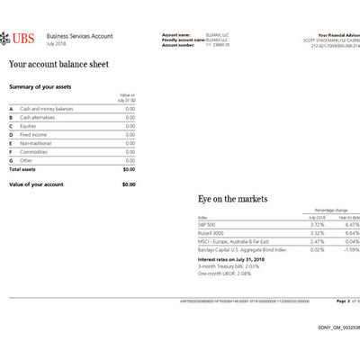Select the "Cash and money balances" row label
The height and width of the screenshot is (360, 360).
[x=46, y=108]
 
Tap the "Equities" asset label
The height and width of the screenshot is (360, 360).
[x=30, y=125]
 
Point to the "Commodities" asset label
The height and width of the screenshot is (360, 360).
[x=35, y=151]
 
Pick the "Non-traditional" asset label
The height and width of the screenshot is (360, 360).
[x=37, y=143]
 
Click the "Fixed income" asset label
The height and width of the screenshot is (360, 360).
[x=34, y=134]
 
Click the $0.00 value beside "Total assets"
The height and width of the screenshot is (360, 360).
[x=129, y=168]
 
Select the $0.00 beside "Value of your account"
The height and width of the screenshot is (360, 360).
[x=129, y=184]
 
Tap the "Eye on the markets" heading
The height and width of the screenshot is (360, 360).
[x=232, y=199]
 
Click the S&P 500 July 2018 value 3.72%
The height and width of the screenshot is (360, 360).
[x=317, y=224]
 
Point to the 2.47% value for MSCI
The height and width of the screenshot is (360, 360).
[x=317, y=241]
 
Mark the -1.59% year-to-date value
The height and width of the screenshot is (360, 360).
[x=350, y=249]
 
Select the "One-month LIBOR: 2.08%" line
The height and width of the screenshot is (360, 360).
[x=224, y=273]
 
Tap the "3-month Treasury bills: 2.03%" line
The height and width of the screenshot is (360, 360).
[x=228, y=265]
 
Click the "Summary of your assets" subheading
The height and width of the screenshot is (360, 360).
[x=40, y=87]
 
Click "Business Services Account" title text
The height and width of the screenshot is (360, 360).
[x=79, y=36]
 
